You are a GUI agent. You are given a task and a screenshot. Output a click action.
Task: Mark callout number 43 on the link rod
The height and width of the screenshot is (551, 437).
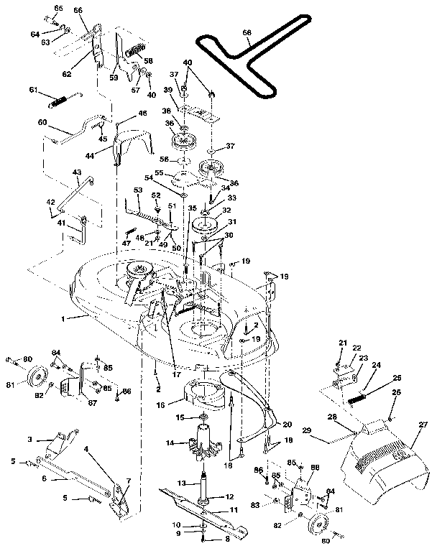[x=77, y=172]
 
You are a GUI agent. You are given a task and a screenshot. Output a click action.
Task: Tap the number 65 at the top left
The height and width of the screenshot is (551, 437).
[x=58, y=7]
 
